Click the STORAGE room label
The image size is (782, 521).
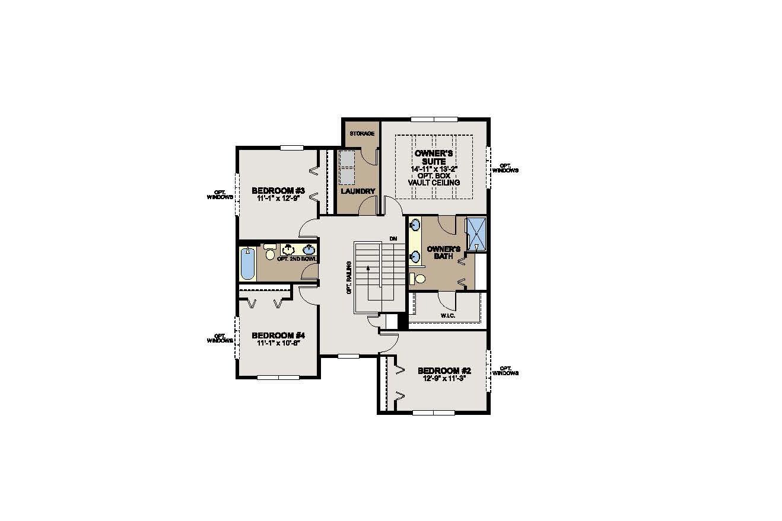click(361, 133)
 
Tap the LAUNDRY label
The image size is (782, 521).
click(358, 191)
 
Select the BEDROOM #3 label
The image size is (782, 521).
click(278, 190)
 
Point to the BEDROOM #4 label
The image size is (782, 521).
click(278, 334)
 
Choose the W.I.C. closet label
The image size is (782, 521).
click(447, 315)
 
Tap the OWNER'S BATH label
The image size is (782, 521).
click(440, 252)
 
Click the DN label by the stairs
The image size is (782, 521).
click(393, 238)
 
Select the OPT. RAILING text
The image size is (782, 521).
click(350, 278)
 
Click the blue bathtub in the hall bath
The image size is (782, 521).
click(247, 264)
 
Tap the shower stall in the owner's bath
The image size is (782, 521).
click(476, 235)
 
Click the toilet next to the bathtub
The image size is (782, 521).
click(270, 253)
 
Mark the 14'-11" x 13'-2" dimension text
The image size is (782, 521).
click(434, 169)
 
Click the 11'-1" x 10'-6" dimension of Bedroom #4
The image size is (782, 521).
click(278, 343)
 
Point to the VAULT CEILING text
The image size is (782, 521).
click(434, 183)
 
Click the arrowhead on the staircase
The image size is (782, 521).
click(368, 269)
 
